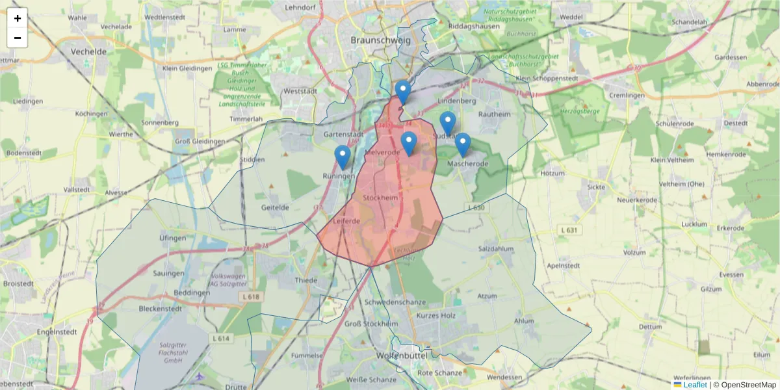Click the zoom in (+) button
click(18, 18)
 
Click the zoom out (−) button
click(18, 38)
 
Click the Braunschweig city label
click(380, 40)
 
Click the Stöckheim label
click(380, 197)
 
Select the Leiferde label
click(346, 221)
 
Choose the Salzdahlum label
click(496, 249)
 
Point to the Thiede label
click(306, 281)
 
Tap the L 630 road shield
click(476, 207)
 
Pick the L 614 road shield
click(222, 339)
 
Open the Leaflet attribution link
click(694, 385)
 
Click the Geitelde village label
click(274, 207)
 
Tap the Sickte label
click(596, 187)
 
